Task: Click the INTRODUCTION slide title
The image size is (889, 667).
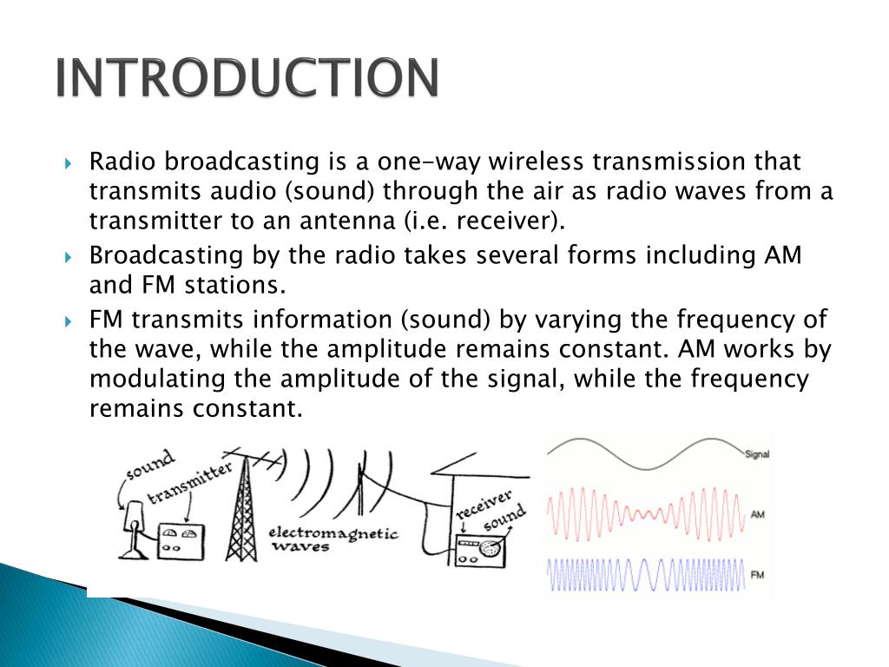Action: point(247,79)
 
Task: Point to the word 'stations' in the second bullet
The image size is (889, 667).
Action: point(241,285)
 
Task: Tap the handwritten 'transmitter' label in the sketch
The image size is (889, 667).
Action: point(189,484)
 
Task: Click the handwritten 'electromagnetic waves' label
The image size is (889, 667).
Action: point(333,538)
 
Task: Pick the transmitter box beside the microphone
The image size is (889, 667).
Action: point(181,542)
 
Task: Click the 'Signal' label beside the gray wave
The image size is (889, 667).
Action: point(757,454)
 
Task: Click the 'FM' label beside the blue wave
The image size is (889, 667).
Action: point(757,575)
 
